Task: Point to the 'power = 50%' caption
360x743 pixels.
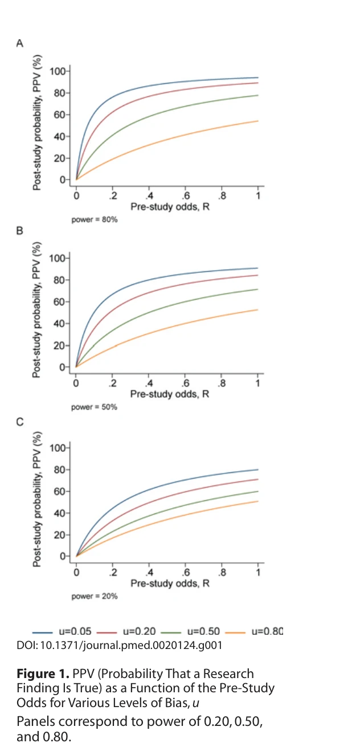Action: point(95,408)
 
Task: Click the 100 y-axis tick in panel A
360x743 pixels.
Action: point(57,71)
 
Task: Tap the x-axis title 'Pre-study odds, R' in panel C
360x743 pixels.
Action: point(170,583)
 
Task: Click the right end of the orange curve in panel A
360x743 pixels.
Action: point(258,121)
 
